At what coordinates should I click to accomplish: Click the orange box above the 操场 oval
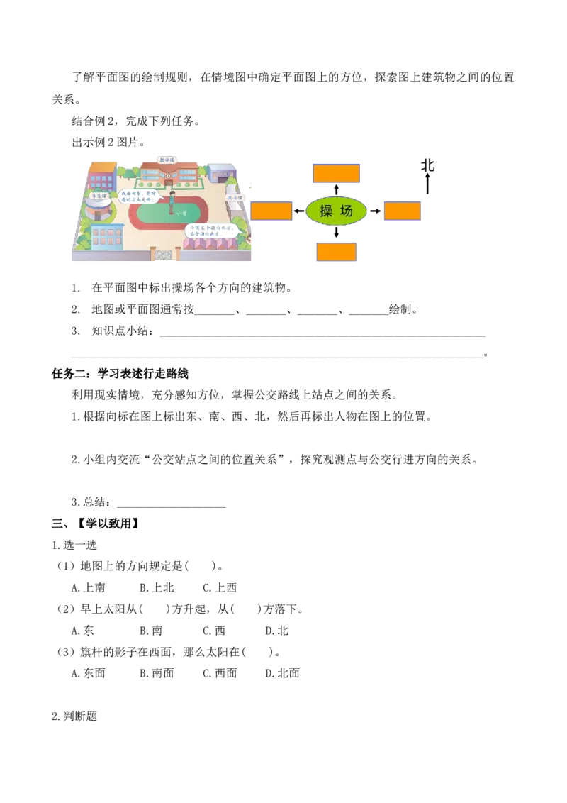(337, 173)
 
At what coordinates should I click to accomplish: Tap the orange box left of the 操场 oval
(271, 211)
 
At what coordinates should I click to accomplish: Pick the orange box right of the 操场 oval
(403, 211)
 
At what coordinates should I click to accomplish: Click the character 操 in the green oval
(326, 211)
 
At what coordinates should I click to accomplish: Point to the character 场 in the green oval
(347, 211)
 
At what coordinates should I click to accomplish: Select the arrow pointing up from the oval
(337, 187)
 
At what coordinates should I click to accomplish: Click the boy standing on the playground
(172, 201)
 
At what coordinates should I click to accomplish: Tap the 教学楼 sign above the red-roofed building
(167, 160)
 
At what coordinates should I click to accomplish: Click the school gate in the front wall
(164, 254)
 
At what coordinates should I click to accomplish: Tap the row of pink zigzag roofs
(210, 243)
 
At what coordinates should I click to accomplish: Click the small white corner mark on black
(488, 334)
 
